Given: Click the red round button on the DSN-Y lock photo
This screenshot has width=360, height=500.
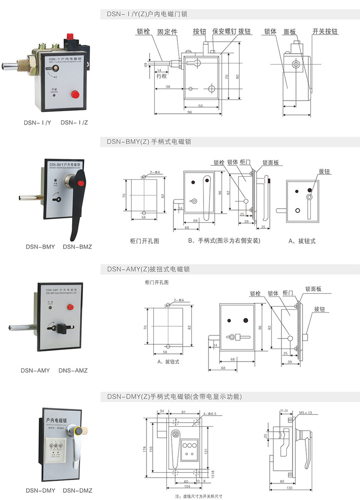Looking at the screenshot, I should tap(74, 94).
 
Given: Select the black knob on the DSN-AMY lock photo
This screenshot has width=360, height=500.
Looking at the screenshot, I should tap(62, 329).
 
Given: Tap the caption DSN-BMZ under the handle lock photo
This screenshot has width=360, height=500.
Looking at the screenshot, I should tap(77, 247).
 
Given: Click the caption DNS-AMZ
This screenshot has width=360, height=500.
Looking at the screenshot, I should tap(72, 371).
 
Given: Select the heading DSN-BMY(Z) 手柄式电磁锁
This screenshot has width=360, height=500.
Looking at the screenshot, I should tap(149, 142).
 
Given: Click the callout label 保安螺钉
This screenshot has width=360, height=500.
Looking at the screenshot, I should tap(225, 31).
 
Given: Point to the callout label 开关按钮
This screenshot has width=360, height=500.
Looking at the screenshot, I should tap(325, 31).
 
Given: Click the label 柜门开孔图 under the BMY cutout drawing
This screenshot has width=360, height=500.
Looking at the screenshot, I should tap(145, 241).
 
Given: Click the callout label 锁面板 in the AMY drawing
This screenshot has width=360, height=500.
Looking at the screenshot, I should tap(313, 289).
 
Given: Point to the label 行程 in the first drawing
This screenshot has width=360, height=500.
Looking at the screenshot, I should tap(161, 76).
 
